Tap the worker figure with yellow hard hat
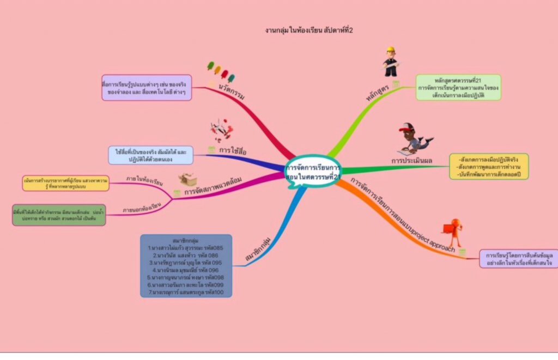tap(390, 62)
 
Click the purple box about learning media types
tap(147, 88)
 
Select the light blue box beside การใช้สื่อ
tap(150, 155)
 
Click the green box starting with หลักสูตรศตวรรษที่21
tap(458, 87)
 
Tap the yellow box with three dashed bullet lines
tap(489, 166)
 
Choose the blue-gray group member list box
tap(186, 266)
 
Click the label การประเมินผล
tap(411, 160)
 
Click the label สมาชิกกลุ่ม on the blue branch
tap(259, 249)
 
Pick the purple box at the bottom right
tap(518, 259)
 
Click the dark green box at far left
tap(59, 215)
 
